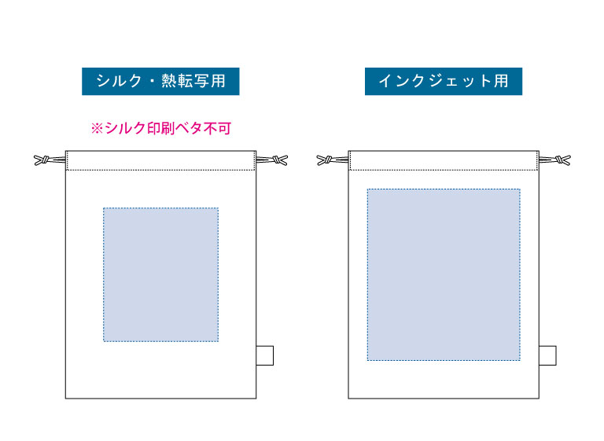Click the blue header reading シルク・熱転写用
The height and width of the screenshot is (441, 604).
point(160,81)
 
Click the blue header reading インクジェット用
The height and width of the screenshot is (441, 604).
point(444,81)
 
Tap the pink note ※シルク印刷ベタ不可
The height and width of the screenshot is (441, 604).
point(161,128)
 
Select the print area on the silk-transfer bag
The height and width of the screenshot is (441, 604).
point(160,274)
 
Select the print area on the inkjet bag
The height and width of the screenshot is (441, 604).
point(444,274)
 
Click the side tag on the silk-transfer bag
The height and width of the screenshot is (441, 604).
point(265,355)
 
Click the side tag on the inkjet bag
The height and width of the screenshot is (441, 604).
point(547,355)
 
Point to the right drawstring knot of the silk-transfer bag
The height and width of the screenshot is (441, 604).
point(279,160)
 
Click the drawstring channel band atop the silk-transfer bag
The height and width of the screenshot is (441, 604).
point(160,160)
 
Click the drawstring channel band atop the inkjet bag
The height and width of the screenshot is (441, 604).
point(444,160)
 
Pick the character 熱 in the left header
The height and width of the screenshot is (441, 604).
point(169,81)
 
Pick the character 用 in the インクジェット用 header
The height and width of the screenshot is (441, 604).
point(501,81)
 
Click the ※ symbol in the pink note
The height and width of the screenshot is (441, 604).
point(97,129)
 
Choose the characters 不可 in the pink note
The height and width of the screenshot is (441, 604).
point(218,128)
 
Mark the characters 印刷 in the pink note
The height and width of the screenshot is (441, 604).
point(161,128)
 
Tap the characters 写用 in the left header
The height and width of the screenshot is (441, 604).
point(210,81)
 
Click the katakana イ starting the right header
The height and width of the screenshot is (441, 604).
point(385,81)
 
